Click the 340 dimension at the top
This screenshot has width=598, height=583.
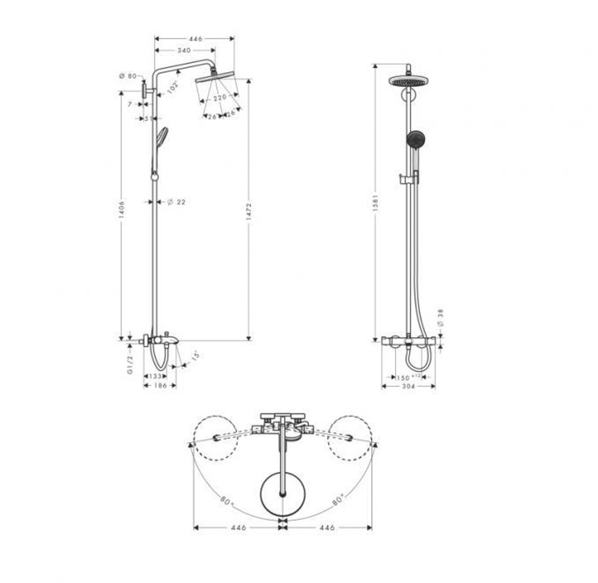tap(184, 50)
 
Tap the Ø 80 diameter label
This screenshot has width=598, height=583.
tap(127, 76)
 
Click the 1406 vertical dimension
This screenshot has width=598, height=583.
tap(121, 209)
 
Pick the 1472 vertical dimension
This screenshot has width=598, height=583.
tap(249, 212)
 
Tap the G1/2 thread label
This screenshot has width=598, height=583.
tap(130, 363)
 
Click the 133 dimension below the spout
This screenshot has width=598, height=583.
tap(155, 376)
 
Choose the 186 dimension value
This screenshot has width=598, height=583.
tap(160, 386)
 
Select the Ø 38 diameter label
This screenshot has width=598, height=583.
tap(441, 318)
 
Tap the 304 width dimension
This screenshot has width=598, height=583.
tap(408, 387)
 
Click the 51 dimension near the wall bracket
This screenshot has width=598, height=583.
tap(149, 119)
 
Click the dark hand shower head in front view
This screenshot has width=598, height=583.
tap(415, 139)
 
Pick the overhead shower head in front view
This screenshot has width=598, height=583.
tap(408, 80)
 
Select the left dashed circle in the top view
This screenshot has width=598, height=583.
tap(215, 438)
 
